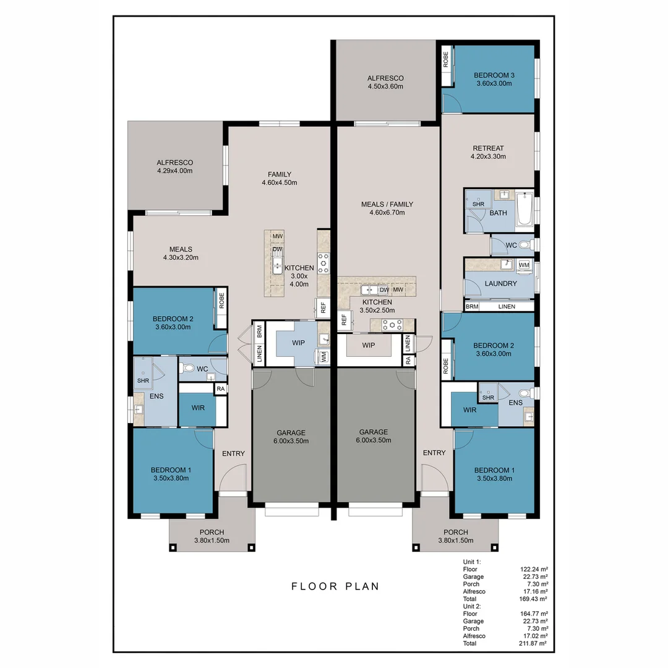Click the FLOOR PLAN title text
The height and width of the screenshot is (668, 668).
coord(335,586)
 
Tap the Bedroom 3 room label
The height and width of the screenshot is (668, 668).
coord(494,79)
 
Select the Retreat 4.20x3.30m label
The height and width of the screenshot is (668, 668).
coord(488,152)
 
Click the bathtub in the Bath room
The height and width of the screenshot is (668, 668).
coord(525,208)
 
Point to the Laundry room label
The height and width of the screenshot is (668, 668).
coord(501,283)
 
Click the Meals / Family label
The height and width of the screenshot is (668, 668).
coord(387,208)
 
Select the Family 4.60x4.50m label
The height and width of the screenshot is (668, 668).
coord(279,178)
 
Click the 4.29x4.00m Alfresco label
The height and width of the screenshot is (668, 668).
coord(174,166)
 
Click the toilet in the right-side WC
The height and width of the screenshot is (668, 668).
coord(525,246)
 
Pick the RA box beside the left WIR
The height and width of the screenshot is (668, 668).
coord(220,388)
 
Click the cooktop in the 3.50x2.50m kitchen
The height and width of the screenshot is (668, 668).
coord(392,324)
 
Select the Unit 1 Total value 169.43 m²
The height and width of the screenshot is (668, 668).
coord(534,599)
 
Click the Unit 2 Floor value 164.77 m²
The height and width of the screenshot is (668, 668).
coord(534,614)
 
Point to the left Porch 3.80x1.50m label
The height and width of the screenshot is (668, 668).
coord(212,536)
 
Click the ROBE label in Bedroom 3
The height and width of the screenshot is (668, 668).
coord(445,59)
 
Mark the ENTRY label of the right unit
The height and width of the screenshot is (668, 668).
coord(434,453)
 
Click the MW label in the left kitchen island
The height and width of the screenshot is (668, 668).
coord(278,236)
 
